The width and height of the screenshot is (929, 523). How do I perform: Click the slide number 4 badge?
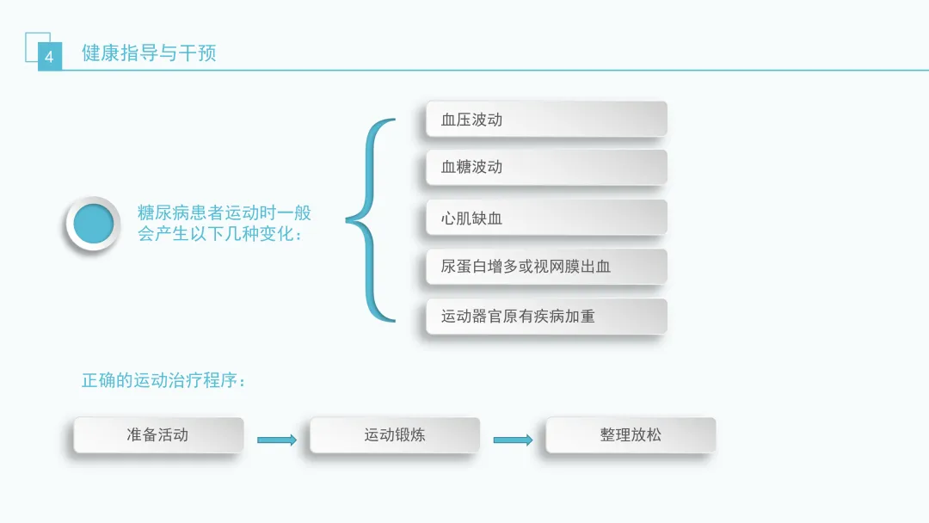[x=49, y=58]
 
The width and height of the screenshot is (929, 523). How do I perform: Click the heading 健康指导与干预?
[x=149, y=53]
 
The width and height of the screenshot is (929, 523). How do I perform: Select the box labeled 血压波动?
[x=546, y=120]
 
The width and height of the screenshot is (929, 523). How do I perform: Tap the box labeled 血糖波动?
[x=546, y=167]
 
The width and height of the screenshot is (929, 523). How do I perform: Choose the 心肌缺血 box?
[x=546, y=218]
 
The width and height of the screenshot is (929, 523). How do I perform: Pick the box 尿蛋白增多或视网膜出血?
[x=546, y=267]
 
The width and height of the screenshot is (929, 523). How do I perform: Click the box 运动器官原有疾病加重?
[x=546, y=317]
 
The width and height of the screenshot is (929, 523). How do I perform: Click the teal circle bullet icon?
[x=93, y=224]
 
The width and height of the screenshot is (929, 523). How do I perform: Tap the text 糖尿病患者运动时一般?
[x=224, y=212]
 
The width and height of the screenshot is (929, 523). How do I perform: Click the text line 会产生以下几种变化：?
[x=220, y=234]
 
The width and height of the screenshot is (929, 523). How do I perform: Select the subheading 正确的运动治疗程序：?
[x=164, y=379]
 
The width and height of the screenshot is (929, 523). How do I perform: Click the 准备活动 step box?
[x=158, y=435]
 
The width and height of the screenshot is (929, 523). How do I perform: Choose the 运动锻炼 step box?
[x=395, y=435]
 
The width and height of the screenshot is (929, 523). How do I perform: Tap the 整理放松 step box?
[x=631, y=435]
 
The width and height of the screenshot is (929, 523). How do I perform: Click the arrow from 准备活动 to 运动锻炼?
[x=277, y=440]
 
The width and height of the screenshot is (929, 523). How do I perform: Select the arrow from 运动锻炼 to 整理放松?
[x=513, y=440]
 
